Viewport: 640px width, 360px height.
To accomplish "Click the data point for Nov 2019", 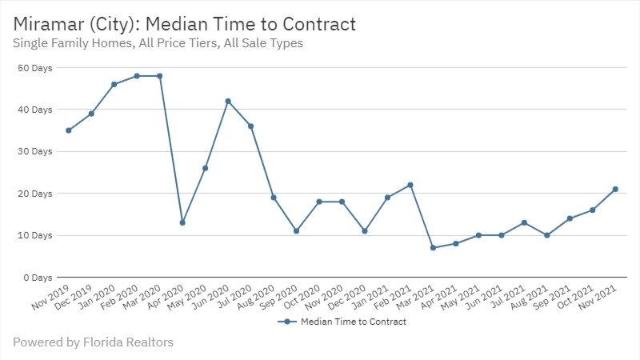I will coord(69,130).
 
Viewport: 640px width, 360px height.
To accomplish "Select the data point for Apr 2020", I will coord(182,222).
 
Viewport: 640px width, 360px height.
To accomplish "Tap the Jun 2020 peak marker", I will coord(228,101).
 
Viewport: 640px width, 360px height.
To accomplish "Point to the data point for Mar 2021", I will coord(433,248).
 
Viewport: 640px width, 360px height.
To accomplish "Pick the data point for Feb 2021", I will coord(410,185).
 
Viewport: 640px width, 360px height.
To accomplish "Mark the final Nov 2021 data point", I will coord(615,189).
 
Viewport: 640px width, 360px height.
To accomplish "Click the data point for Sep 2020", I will coord(296,231).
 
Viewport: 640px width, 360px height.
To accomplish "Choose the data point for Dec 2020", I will coord(365,231).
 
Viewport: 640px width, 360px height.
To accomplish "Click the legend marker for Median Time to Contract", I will coord(286,322).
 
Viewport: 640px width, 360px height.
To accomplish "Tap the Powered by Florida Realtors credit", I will coord(93,342).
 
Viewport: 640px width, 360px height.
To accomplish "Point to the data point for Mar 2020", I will coord(159,76).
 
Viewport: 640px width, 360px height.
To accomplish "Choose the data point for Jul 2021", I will coord(524,222).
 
